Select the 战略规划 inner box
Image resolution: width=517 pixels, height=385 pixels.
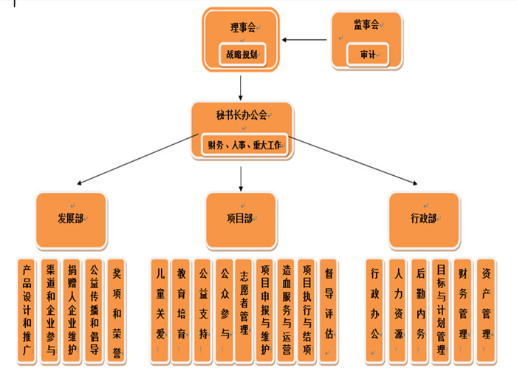[x=242, y=54]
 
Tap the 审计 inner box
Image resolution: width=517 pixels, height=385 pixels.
[x=367, y=55]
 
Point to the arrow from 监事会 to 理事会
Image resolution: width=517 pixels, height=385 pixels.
[x=307, y=41]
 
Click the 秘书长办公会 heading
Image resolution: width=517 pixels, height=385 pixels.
[x=242, y=115]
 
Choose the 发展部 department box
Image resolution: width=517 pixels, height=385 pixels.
[x=70, y=219]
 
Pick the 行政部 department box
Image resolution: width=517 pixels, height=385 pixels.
[x=424, y=219]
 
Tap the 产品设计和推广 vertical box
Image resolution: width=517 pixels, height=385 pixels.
[x=27, y=311]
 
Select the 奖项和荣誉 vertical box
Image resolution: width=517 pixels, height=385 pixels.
[x=116, y=311]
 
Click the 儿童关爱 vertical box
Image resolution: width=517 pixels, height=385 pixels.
[x=160, y=311]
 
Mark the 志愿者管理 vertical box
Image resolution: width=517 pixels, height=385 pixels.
[x=244, y=311]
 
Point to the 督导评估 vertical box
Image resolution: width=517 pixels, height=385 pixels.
[x=329, y=311]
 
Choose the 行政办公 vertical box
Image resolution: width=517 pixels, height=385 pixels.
[x=375, y=311]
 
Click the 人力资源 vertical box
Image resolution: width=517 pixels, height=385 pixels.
[x=397, y=311]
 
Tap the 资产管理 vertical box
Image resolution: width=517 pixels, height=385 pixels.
[x=485, y=311]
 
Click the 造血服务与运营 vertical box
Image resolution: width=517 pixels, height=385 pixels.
[x=287, y=311]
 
